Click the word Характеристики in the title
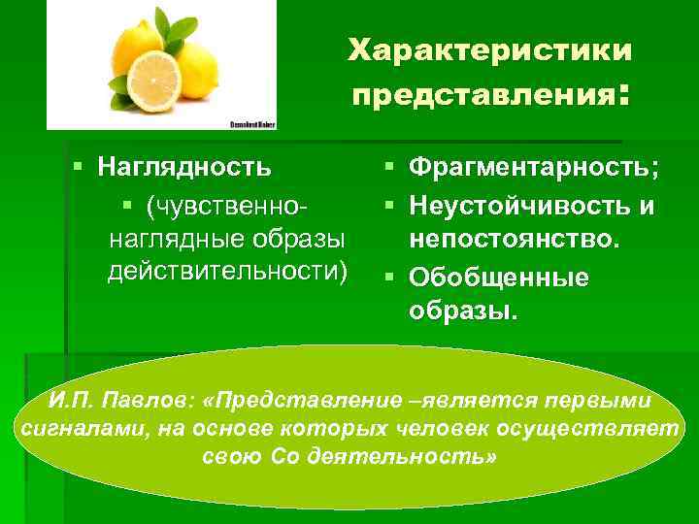click(x=490, y=49)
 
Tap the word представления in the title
click(x=481, y=95)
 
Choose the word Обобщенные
click(x=499, y=278)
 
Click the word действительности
click(x=226, y=270)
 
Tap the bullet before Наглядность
click(x=80, y=167)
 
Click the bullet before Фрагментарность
click(x=389, y=168)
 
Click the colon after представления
click(x=624, y=96)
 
